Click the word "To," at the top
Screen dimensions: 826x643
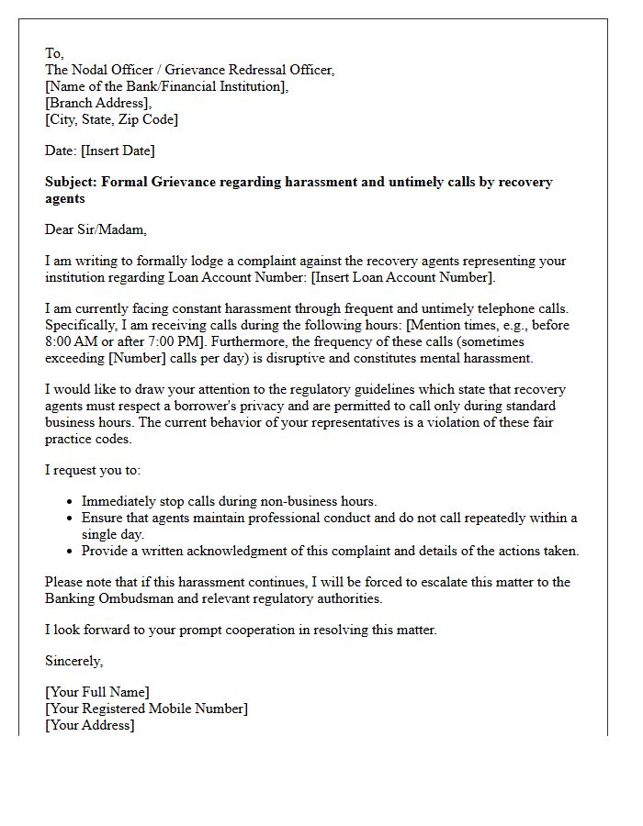(54, 53)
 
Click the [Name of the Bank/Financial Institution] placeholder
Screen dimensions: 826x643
(166, 86)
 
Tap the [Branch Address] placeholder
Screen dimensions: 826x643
(98, 103)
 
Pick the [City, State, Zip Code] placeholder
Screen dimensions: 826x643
(111, 119)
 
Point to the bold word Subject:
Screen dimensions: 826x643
(71, 182)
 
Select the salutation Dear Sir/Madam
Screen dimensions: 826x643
(96, 229)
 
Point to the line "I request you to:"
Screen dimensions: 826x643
(93, 470)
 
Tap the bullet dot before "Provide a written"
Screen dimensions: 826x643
(71, 552)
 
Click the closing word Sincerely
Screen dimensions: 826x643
(73, 661)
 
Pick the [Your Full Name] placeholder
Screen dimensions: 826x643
(97, 692)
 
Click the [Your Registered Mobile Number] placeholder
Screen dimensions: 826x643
(146, 709)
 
